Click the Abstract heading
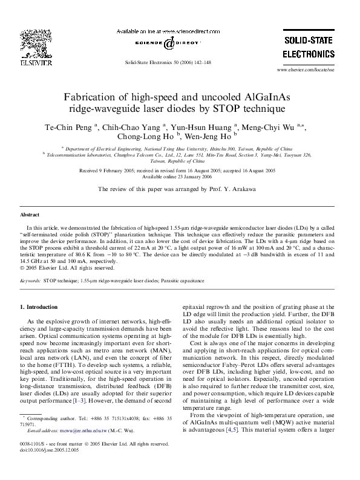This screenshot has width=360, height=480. (x=30, y=215)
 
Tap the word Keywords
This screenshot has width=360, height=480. (x=30, y=281)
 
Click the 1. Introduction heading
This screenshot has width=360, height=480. (x=42, y=307)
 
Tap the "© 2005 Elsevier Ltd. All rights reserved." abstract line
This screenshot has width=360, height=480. (x=67, y=268)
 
